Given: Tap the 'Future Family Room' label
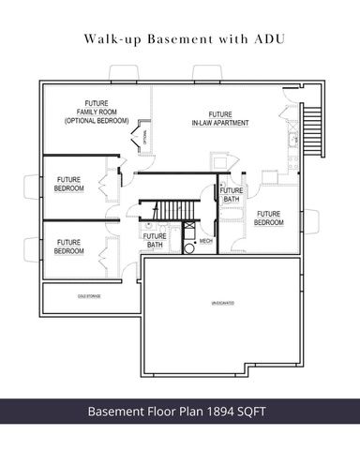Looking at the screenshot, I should tap(97, 112).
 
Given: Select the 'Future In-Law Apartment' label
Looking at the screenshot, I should tap(220, 118).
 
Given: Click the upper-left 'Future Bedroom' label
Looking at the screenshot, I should tap(69, 184).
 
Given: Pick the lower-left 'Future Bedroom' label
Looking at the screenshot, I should tap(68, 247).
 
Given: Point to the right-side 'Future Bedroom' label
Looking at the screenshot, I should tap(270, 217).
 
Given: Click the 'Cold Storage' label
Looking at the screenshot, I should tap(89, 296).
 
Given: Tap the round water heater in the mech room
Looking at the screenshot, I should tap(187, 226).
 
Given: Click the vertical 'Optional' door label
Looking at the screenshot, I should tap(146, 136).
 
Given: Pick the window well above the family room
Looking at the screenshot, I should tap(124, 74).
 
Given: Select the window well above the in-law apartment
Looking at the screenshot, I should tap(205, 74).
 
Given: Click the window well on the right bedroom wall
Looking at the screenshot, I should tap(312, 223).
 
